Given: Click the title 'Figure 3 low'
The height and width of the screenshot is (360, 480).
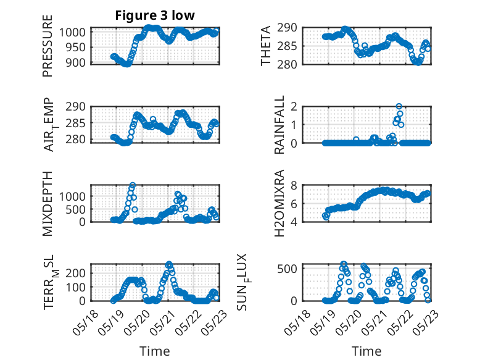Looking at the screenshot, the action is pyautogui.click(x=155, y=15).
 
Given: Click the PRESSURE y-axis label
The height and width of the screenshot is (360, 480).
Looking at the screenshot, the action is pyautogui.click(x=48, y=46).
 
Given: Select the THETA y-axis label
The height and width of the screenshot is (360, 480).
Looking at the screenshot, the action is pyautogui.click(x=266, y=46).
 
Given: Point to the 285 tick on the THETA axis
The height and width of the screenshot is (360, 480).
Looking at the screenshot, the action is pyautogui.click(x=287, y=46).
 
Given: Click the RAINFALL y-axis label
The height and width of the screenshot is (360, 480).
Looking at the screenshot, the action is pyautogui.click(x=279, y=125).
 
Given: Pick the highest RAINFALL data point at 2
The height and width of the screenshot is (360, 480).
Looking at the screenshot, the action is pyautogui.click(x=399, y=106).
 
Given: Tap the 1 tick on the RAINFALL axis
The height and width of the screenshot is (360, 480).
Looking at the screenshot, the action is pyautogui.click(x=294, y=125).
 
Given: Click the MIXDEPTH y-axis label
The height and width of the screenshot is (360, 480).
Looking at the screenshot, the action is pyautogui.click(x=48, y=204).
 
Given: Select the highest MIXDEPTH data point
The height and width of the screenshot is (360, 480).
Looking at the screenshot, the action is pyautogui.click(x=133, y=185).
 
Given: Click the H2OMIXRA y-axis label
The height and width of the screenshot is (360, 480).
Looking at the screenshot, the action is pyautogui.click(x=279, y=203).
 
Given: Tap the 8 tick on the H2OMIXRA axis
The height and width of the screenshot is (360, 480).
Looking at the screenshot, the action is pyautogui.click(x=294, y=185).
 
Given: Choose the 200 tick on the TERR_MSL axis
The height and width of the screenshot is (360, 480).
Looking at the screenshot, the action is pyautogui.click(x=75, y=273).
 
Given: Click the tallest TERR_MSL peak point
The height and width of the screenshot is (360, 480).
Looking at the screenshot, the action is pyautogui.click(x=168, y=264).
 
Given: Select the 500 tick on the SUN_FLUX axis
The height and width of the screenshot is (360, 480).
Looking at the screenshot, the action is pyautogui.click(x=287, y=269).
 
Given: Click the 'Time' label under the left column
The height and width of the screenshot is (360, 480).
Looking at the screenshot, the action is pyautogui.click(x=155, y=351).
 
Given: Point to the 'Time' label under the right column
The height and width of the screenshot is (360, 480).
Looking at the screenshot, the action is pyautogui.click(x=366, y=351).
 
